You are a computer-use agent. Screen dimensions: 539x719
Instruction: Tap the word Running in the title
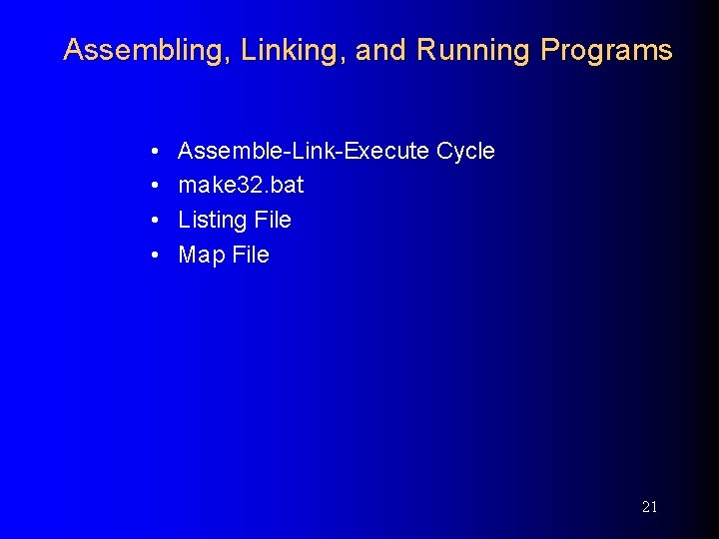[x=473, y=51]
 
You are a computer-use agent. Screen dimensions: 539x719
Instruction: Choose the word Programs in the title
[x=606, y=51]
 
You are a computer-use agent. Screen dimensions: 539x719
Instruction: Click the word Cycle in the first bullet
[x=465, y=151]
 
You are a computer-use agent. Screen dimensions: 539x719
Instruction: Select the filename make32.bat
[x=241, y=186]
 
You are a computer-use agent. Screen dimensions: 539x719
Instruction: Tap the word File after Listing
[x=273, y=220]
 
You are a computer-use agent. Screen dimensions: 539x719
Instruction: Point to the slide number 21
[x=649, y=507]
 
